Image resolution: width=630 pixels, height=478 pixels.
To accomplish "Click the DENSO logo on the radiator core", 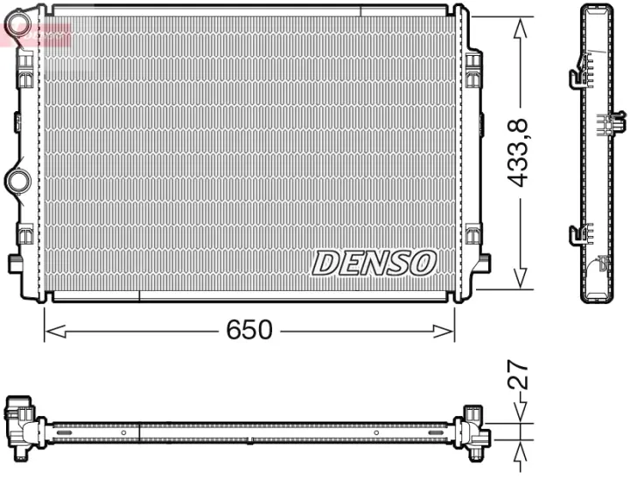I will click(x=374, y=262).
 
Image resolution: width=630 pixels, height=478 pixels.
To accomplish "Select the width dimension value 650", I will click(x=249, y=330).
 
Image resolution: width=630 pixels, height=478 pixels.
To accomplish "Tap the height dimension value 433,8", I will click(x=521, y=154).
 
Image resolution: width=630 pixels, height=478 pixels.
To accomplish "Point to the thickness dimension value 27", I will click(x=521, y=375).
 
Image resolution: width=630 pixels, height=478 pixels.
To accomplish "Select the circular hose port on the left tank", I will click(x=17, y=181).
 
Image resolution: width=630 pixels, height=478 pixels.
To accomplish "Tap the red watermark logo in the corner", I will click(x=35, y=33).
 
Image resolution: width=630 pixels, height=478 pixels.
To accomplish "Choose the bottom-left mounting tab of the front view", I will click(x=16, y=263).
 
